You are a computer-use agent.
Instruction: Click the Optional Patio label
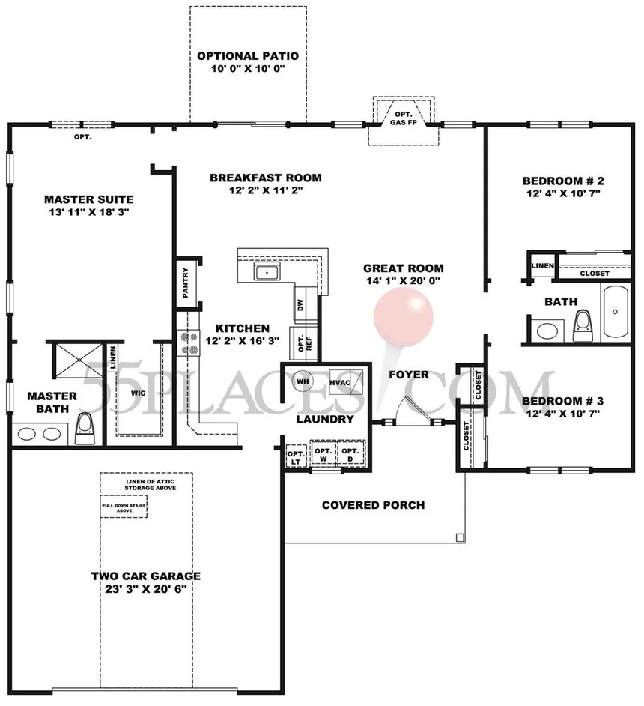click(x=248, y=56)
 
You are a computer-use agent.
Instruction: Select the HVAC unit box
click(x=345, y=381)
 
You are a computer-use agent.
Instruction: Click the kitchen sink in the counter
click(x=266, y=272)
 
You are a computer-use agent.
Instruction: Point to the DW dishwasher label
click(x=300, y=305)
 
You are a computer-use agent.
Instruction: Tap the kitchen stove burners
click(x=185, y=343)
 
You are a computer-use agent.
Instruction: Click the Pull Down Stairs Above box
click(x=124, y=509)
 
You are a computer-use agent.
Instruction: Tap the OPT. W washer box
click(x=323, y=456)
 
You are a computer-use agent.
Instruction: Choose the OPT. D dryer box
click(x=350, y=456)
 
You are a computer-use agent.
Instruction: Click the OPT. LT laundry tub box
click(x=296, y=457)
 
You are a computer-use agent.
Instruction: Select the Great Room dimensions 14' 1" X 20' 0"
click(x=403, y=281)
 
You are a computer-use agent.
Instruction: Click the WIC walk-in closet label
click(x=138, y=391)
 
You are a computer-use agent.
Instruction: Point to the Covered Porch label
click(x=373, y=505)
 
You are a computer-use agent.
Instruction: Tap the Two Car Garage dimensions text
click(x=146, y=589)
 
